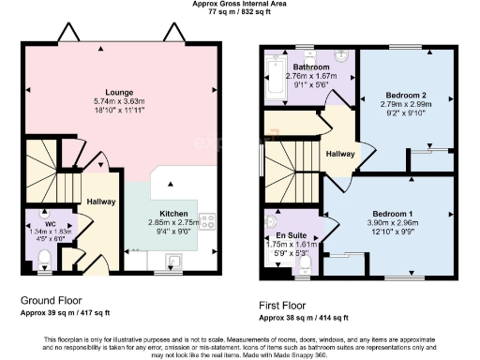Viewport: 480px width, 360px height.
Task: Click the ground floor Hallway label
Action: coord(100,202)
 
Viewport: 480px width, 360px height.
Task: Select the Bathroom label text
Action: coord(309,67)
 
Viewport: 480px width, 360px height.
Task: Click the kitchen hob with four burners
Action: coord(206,223)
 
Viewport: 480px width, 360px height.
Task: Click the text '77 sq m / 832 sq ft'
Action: coord(239,11)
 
